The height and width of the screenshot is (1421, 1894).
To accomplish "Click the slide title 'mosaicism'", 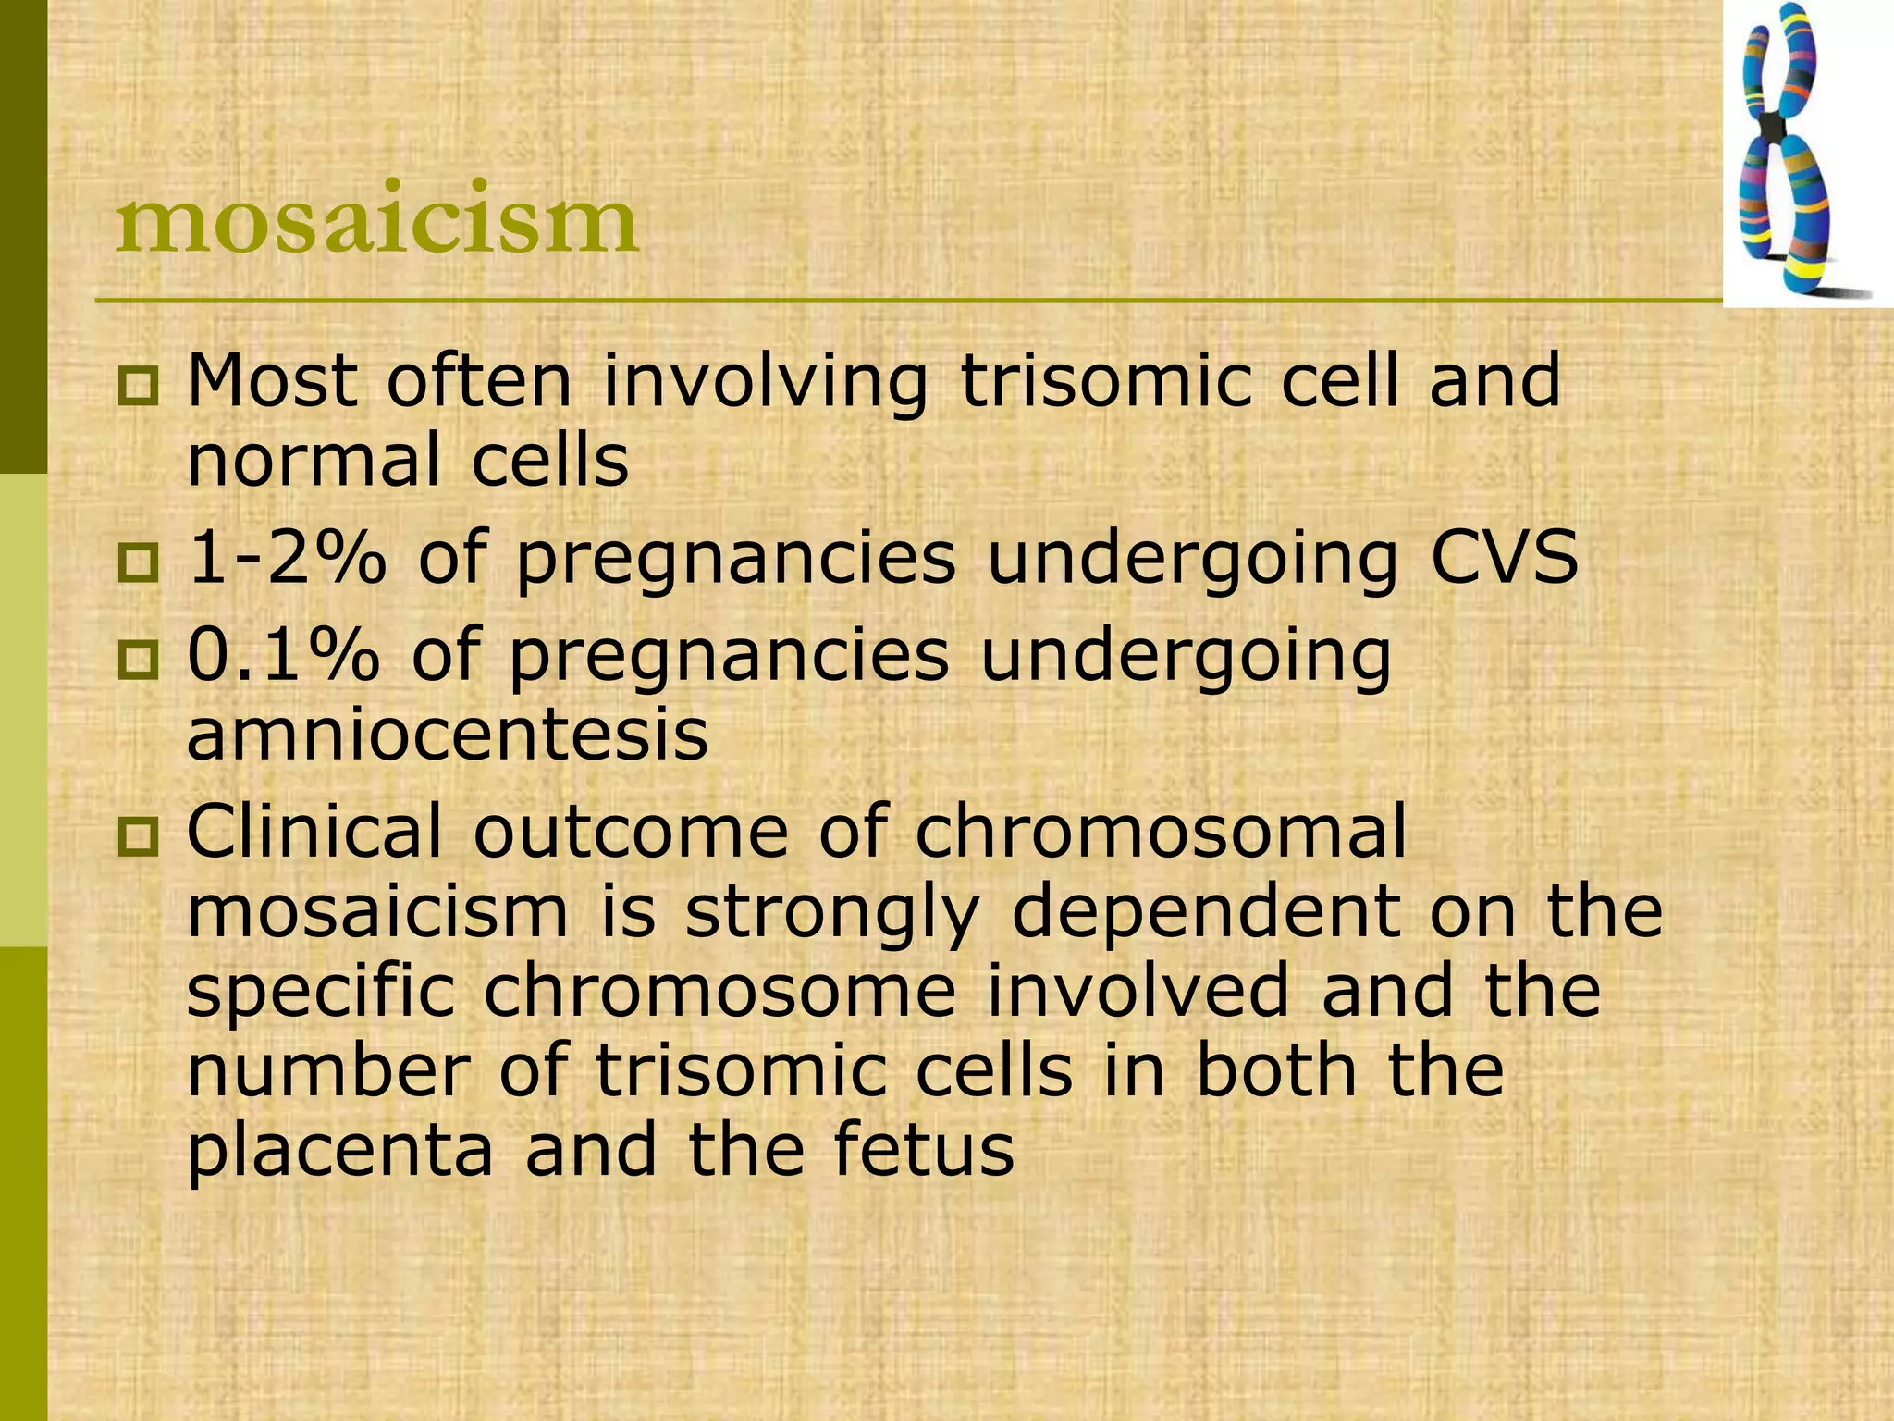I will (376, 220).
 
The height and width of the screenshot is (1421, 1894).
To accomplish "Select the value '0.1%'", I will (283, 656).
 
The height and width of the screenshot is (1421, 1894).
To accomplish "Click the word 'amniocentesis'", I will (448, 735).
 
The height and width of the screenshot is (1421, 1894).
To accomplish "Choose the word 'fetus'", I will (925, 1150).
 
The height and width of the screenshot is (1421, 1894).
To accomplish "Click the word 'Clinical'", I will (314, 832).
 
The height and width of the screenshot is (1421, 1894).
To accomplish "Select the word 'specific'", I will (320, 991).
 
